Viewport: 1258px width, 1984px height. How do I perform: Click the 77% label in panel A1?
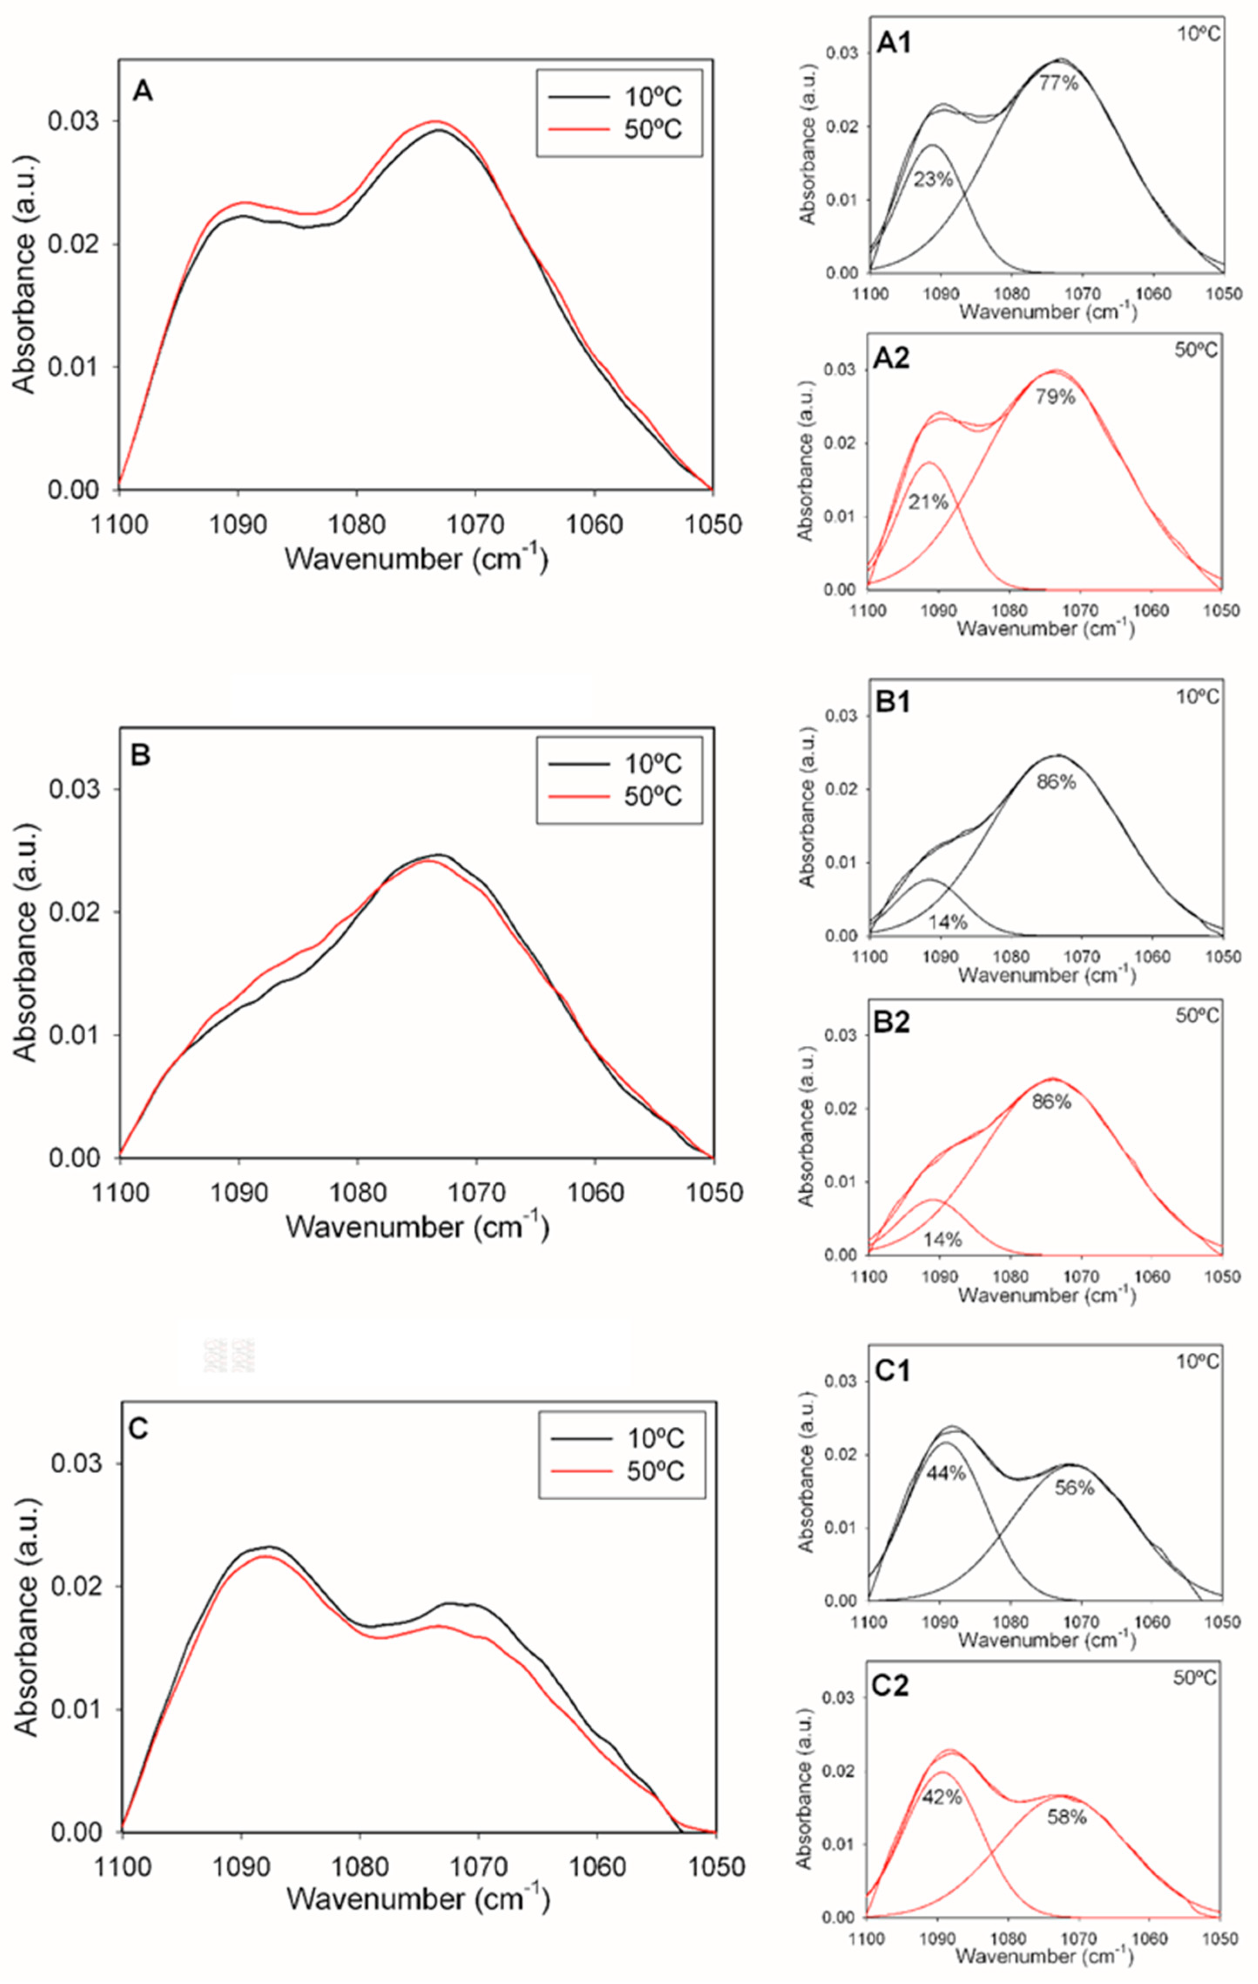1058,82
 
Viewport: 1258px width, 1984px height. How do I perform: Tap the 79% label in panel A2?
1056,397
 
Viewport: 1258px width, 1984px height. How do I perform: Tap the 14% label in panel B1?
948,922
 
